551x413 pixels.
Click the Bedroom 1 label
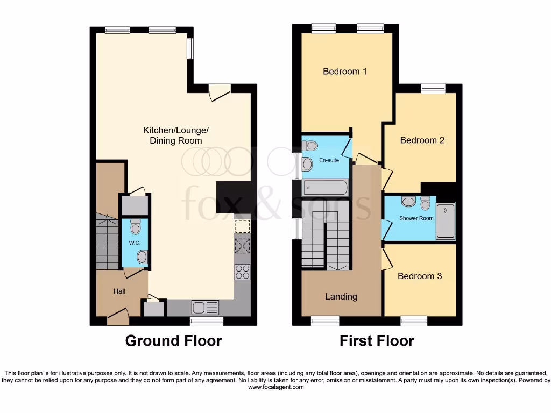(344, 71)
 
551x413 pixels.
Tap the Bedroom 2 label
(422, 140)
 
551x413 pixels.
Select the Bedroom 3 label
(420, 276)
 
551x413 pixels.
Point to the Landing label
(341, 296)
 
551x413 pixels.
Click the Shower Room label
(416, 218)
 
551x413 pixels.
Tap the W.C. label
(134, 243)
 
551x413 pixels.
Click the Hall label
(119, 291)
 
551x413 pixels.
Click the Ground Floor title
(173, 340)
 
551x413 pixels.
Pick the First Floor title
(377, 340)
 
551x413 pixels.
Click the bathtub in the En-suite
(324, 187)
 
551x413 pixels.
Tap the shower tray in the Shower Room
(445, 220)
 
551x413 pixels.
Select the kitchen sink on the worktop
(205, 308)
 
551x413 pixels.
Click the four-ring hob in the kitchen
(242, 272)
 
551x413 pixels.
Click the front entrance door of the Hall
(117, 317)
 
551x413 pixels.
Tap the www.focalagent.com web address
(275, 387)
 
